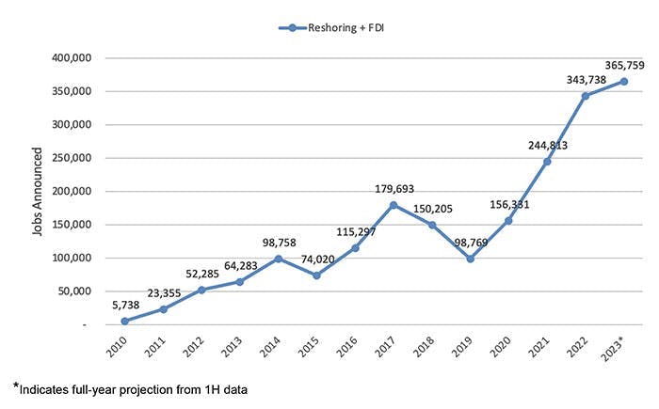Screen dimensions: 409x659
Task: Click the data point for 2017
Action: pos(393,205)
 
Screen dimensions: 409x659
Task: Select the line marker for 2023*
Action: pos(623,81)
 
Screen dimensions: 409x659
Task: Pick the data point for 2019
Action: pos(470,259)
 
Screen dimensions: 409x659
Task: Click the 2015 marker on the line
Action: pos(316,275)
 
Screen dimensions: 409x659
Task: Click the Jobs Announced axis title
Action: pos(36,191)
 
